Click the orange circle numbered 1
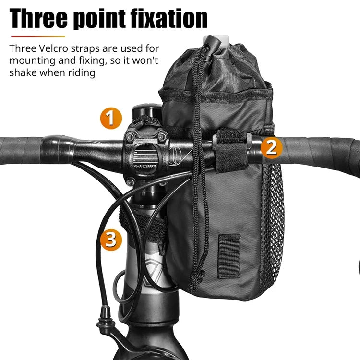111,118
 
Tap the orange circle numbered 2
271,147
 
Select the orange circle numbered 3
111,239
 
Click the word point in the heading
103,19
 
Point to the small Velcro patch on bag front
229,256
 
